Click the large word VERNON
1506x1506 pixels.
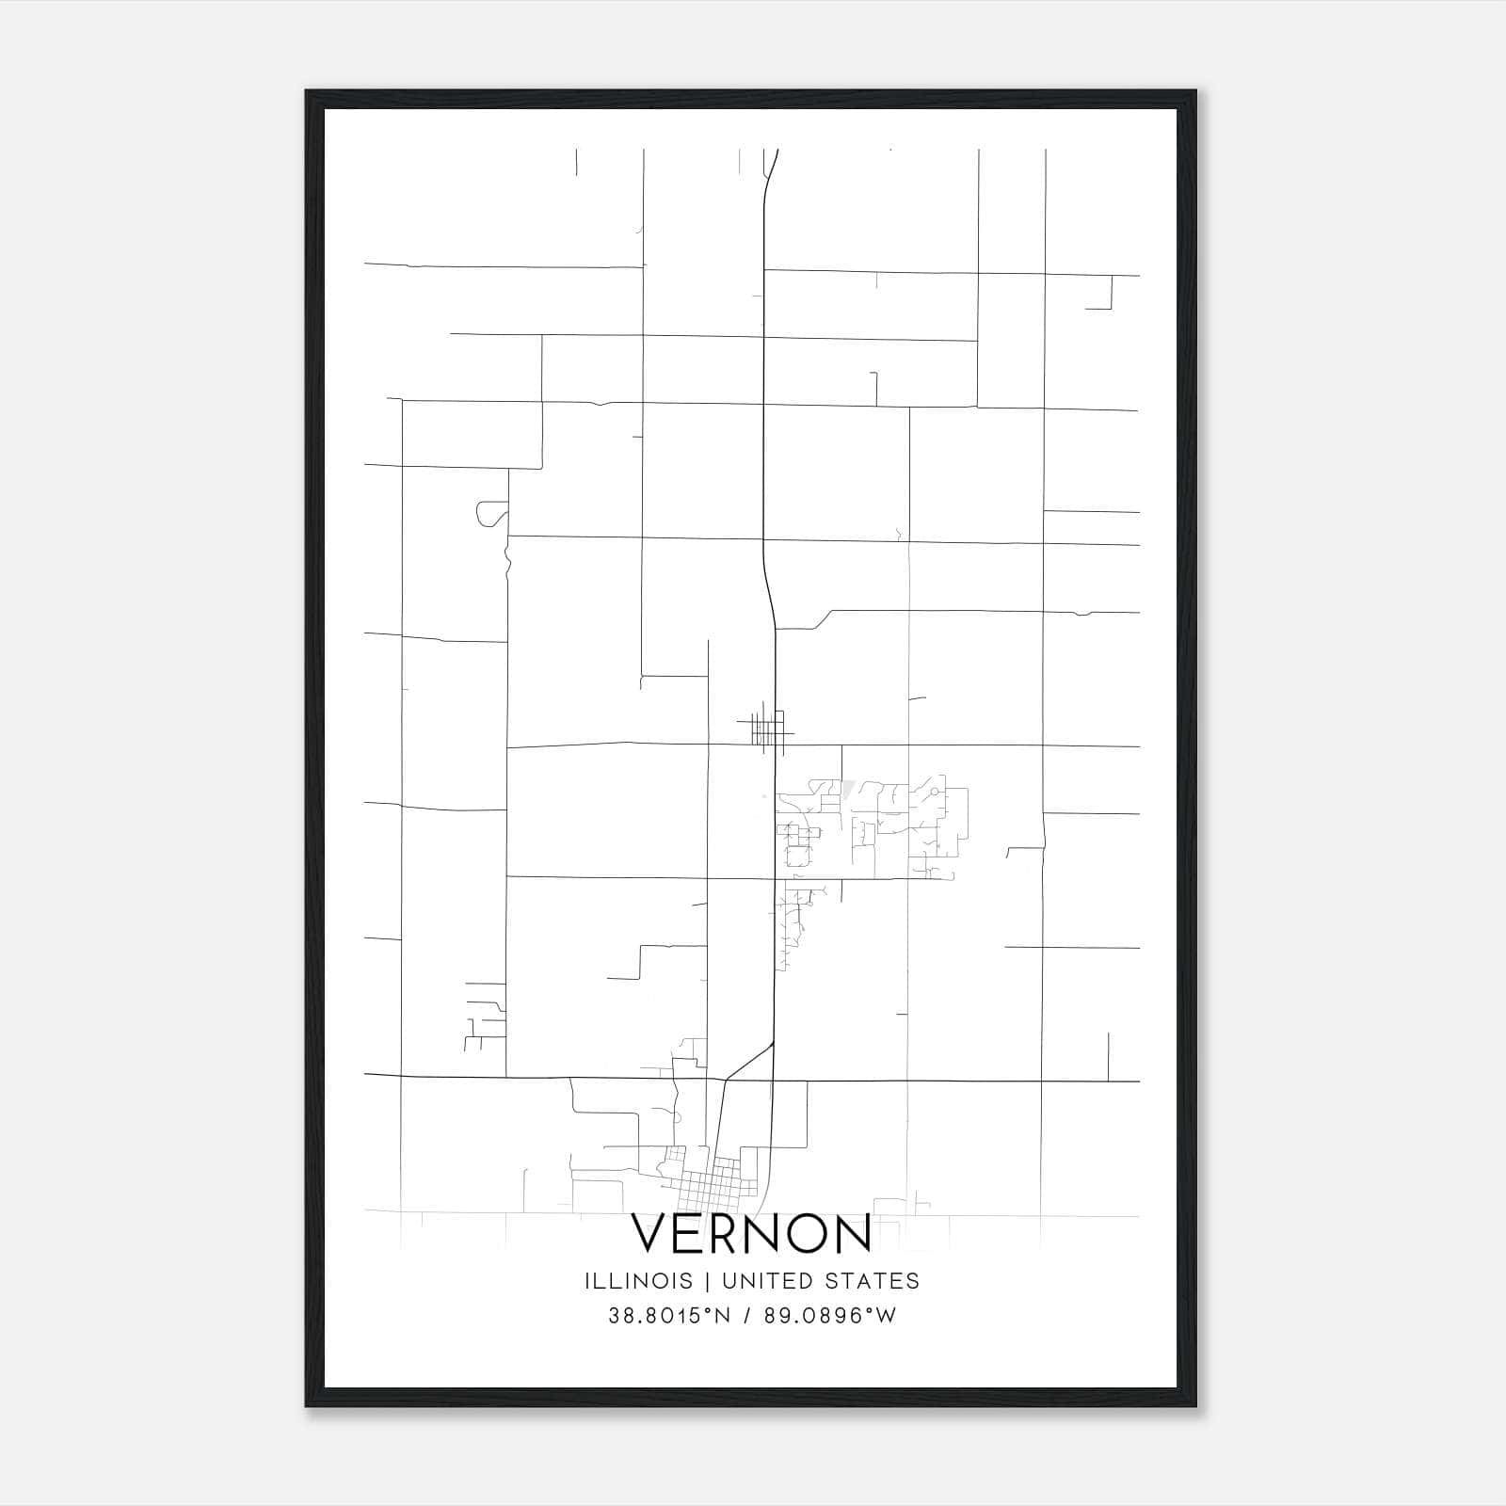click(751, 1233)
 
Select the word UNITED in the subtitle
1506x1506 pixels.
click(788, 1281)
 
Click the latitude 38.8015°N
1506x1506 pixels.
click(669, 1316)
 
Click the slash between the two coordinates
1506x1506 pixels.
click(745, 1316)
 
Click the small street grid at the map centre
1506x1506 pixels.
click(768, 729)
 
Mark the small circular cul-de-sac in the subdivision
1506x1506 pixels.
click(933, 793)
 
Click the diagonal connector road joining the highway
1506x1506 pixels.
click(750, 1061)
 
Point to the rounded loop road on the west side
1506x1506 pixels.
click(489, 514)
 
